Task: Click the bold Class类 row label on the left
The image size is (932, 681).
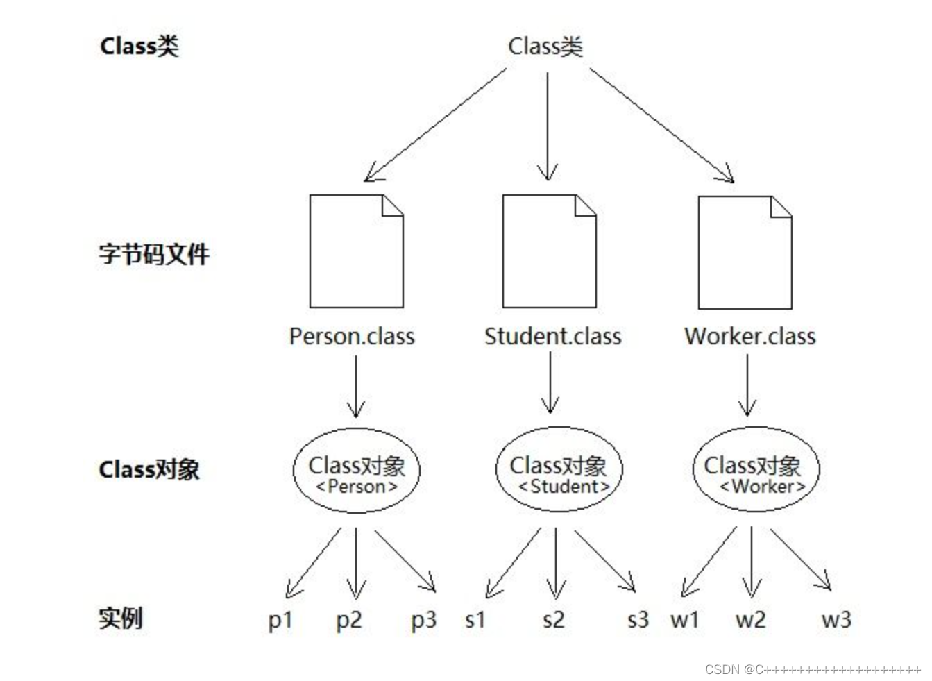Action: point(139,46)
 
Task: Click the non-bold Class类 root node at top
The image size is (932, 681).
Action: point(545,47)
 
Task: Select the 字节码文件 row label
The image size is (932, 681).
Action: point(153,254)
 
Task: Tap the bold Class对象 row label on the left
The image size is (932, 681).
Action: point(149,469)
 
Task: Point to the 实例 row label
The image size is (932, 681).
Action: point(120,617)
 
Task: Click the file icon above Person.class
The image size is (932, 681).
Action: point(356,251)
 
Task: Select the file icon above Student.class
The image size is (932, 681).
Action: point(549,251)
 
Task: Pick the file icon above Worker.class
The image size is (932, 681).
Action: point(745,252)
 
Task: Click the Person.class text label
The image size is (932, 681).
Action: point(352,337)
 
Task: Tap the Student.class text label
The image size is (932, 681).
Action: point(552,337)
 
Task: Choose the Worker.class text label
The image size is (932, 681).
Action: point(749,337)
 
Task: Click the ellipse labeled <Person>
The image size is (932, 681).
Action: point(356,471)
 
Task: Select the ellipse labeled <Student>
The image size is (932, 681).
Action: point(559,470)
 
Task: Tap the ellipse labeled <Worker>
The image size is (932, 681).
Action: point(756,470)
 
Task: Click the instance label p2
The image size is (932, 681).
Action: point(349,620)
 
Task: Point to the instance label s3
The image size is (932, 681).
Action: point(637,619)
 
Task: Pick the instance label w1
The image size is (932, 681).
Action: point(684,620)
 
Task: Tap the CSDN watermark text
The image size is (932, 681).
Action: point(813,669)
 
